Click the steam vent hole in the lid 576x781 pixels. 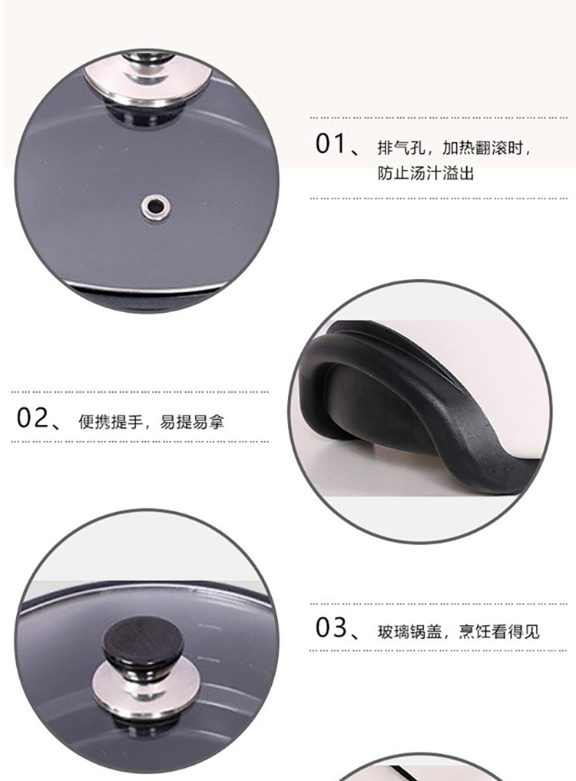click(154, 205)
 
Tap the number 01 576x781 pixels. click(331, 144)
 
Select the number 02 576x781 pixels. click(32, 418)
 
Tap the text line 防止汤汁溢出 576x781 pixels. click(425, 173)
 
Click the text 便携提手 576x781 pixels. click(110, 422)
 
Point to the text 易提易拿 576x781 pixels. click(192, 422)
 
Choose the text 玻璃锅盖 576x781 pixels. click(409, 632)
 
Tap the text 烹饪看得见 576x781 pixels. click(499, 632)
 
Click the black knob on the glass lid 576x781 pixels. click(143, 646)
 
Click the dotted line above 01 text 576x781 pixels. click(439, 118)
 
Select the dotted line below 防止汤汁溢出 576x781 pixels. click(439, 198)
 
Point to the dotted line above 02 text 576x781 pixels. click(140, 392)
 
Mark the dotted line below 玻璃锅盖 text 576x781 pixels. click(439, 650)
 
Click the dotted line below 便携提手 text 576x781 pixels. click(140, 441)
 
